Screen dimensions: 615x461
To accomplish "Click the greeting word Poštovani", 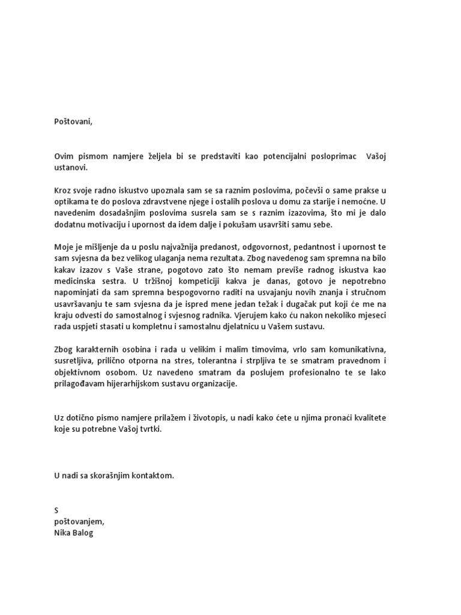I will click(74, 121).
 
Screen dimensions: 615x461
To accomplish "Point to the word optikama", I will click(71, 202).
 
